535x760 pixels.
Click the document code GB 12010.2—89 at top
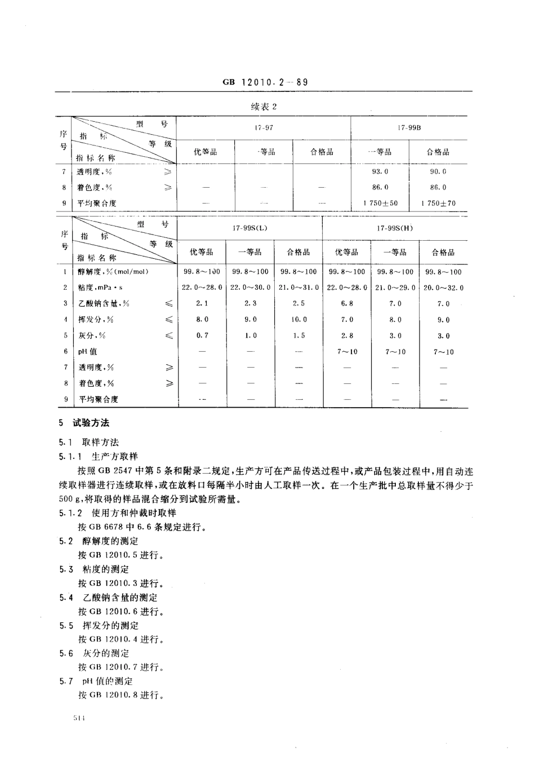(265, 82)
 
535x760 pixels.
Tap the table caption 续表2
(264, 107)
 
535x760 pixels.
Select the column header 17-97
(264, 127)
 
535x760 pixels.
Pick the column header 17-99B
(409, 127)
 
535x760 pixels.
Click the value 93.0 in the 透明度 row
(380, 171)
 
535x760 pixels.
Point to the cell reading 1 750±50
(380, 203)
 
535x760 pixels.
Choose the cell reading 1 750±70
(438, 203)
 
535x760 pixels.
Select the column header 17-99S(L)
(250, 228)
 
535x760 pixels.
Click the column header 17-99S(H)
(395, 228)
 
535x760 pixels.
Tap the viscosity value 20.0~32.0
(444, 288)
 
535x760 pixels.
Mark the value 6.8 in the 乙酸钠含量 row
(347, 303)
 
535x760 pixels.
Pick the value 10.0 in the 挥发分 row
(298, 319)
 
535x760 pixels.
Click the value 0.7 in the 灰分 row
(202, 335)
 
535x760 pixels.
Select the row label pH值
(87, 351)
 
